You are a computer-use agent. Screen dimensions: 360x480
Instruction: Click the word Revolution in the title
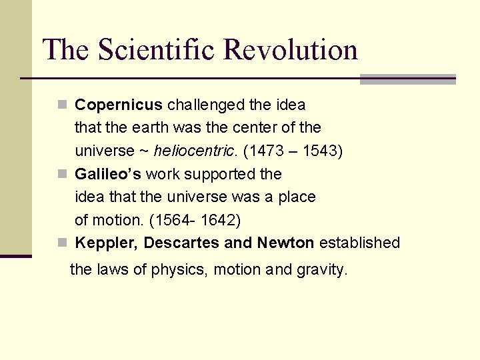coord(291,50)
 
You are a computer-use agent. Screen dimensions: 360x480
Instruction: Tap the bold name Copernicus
coord(119,105)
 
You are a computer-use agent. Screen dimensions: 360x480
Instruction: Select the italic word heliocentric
coord(194,151)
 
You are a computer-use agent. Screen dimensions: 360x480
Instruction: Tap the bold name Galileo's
coord(108,174)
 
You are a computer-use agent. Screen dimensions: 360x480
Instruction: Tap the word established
coord(359,243)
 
